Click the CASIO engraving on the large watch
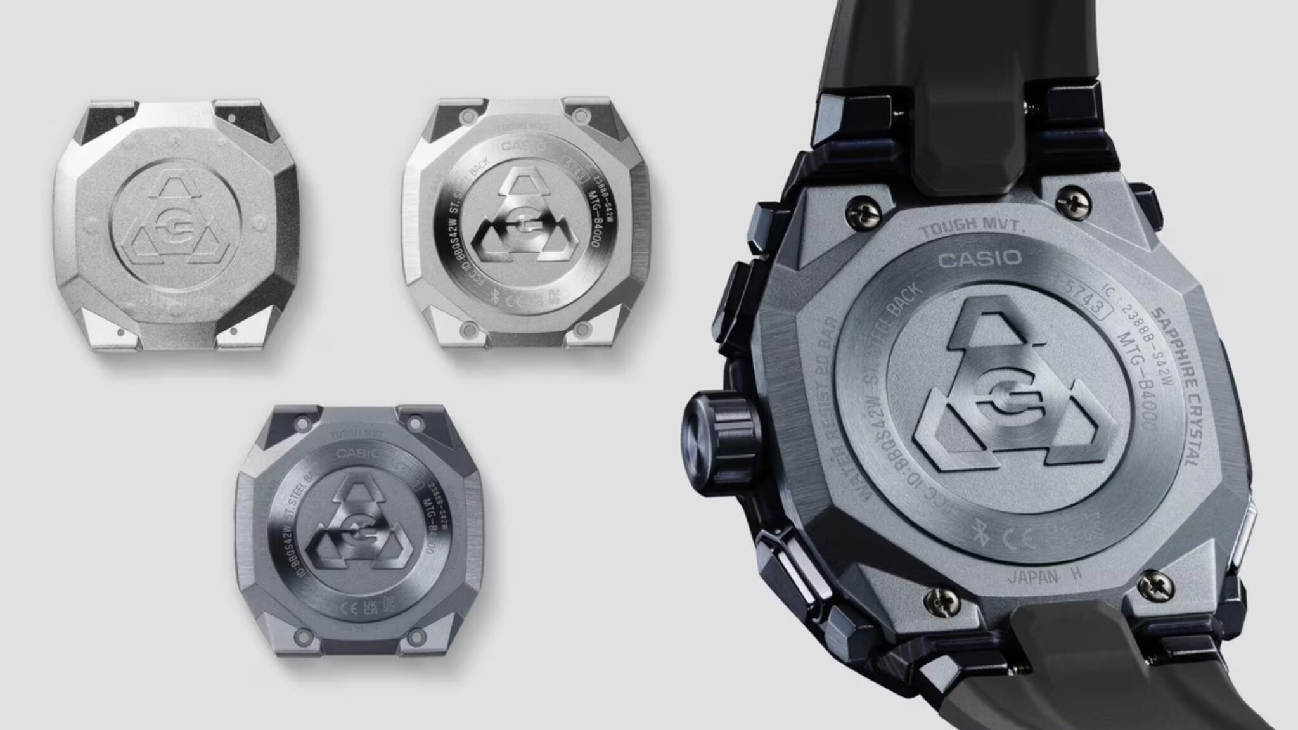coord(979,258)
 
